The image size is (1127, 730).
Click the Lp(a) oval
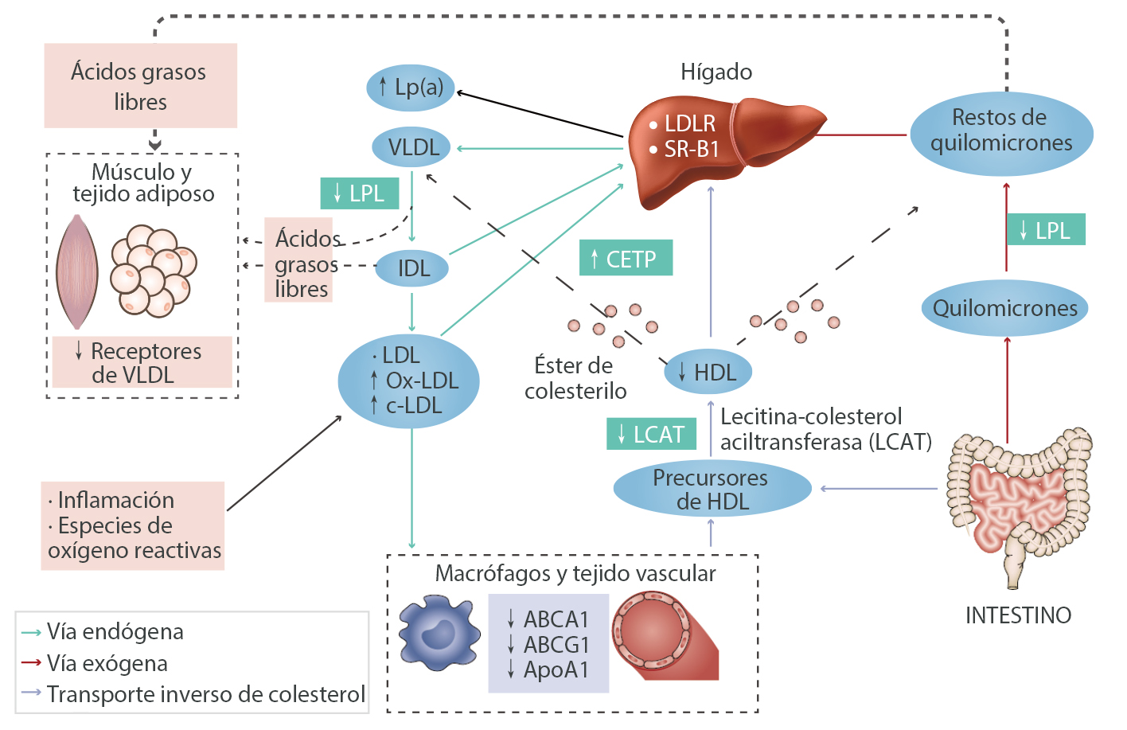click(x=410, y=87)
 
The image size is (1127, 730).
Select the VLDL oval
click(x=411, y=147)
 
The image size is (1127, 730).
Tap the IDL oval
click(x=411, y=268)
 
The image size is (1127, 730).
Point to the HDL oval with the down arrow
click(x=708, y=372)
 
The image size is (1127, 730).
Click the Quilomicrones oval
click(x=1004, y=308)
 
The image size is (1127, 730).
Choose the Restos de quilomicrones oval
click(x=1001, y=131)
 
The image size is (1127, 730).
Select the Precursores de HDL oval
click(x=712, y=490)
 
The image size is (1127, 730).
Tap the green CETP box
click(x=626, y=259)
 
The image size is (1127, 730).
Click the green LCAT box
click(x=652, y=435)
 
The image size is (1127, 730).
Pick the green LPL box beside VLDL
click(x=360, y=193)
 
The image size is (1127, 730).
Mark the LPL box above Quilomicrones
click(x=1046, y=230)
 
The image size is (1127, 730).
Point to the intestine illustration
click(x=1017, y=502)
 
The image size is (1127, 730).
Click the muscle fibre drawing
click(x=77, y=271)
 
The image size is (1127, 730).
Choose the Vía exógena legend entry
click(x=107, y=663)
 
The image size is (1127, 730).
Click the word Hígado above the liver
click(x=716, y=72)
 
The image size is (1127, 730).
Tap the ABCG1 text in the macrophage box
click(x=556, y=644)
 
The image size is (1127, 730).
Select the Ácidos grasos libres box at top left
click(x=140, y=86)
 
